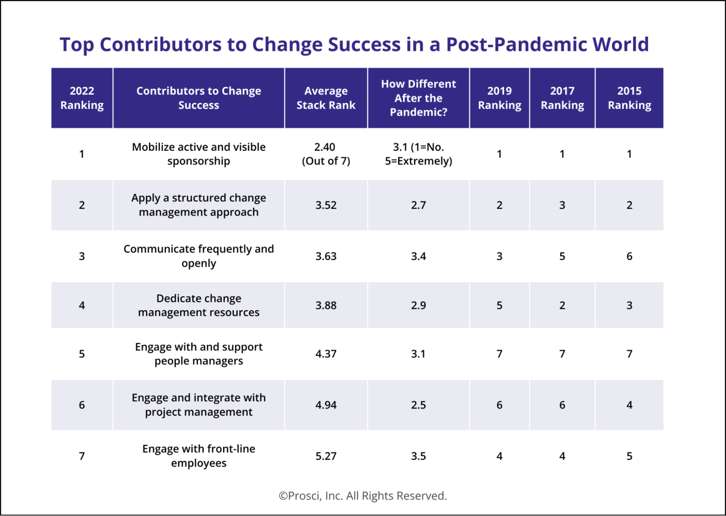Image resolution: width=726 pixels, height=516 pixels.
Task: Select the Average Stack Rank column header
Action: (326, 98)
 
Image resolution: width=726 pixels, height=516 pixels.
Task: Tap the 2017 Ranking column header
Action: (562, 98)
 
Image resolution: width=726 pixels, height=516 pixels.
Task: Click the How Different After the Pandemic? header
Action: (418, 98)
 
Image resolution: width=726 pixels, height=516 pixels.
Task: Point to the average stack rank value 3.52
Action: (326, 205)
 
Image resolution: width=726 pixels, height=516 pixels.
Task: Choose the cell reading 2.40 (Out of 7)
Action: (326, 154)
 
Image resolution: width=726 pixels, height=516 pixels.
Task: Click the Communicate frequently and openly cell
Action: (199, 256)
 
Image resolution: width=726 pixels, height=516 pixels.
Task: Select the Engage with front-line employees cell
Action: (199, 456)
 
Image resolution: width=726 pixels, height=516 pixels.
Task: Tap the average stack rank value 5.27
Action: (326, 456)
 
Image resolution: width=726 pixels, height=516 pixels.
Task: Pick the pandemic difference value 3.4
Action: (418, 256)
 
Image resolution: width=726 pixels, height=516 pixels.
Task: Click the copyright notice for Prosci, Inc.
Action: (363, 496)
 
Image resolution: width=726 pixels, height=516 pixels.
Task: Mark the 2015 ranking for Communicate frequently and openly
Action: (629, 256)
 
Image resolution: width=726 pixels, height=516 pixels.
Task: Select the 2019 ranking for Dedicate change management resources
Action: (499, 305)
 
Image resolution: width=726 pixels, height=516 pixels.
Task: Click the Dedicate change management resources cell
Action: (199, 305)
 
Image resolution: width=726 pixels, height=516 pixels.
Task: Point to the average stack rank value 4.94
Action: (326, 405)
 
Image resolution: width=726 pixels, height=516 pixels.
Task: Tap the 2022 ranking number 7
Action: (82, 456)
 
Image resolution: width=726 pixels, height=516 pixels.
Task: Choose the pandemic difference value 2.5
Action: (418, 405)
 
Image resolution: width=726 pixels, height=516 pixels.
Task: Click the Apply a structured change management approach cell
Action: (199, 205)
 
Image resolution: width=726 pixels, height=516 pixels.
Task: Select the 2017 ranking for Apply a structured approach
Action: (562, 205)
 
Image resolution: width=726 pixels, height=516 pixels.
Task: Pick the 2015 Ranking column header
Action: (629, 98)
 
